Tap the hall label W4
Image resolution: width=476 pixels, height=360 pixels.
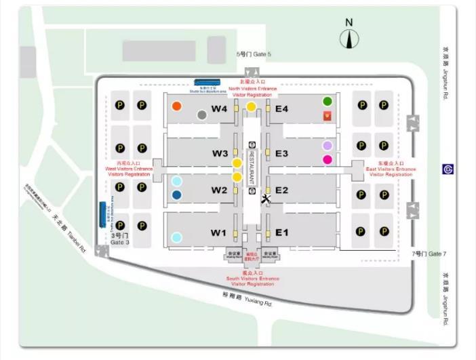coord(218,108)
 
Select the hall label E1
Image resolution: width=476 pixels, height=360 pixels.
coord(282,233)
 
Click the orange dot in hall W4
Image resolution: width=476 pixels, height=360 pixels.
coord(177,106)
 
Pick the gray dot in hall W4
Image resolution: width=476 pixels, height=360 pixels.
coord(201,115)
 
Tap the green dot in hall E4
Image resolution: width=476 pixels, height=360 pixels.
coord(328,102)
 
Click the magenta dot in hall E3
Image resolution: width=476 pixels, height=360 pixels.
coord(328,160)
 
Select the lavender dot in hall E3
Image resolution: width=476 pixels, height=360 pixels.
coord(328,146)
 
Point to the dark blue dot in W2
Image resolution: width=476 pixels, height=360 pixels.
coord(177,195)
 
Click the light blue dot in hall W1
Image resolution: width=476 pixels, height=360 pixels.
coord(177,237)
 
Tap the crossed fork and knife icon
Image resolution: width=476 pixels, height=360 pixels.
coord(265,199)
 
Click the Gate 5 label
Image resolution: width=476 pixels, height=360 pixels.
coord(254,54)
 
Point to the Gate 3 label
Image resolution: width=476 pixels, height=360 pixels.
coord(119,239)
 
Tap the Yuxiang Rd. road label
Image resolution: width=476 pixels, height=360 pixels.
coord(247,299)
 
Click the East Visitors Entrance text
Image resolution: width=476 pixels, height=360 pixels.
coord(389,169)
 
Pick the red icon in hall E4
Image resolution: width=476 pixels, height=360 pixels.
coord(328,116)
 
